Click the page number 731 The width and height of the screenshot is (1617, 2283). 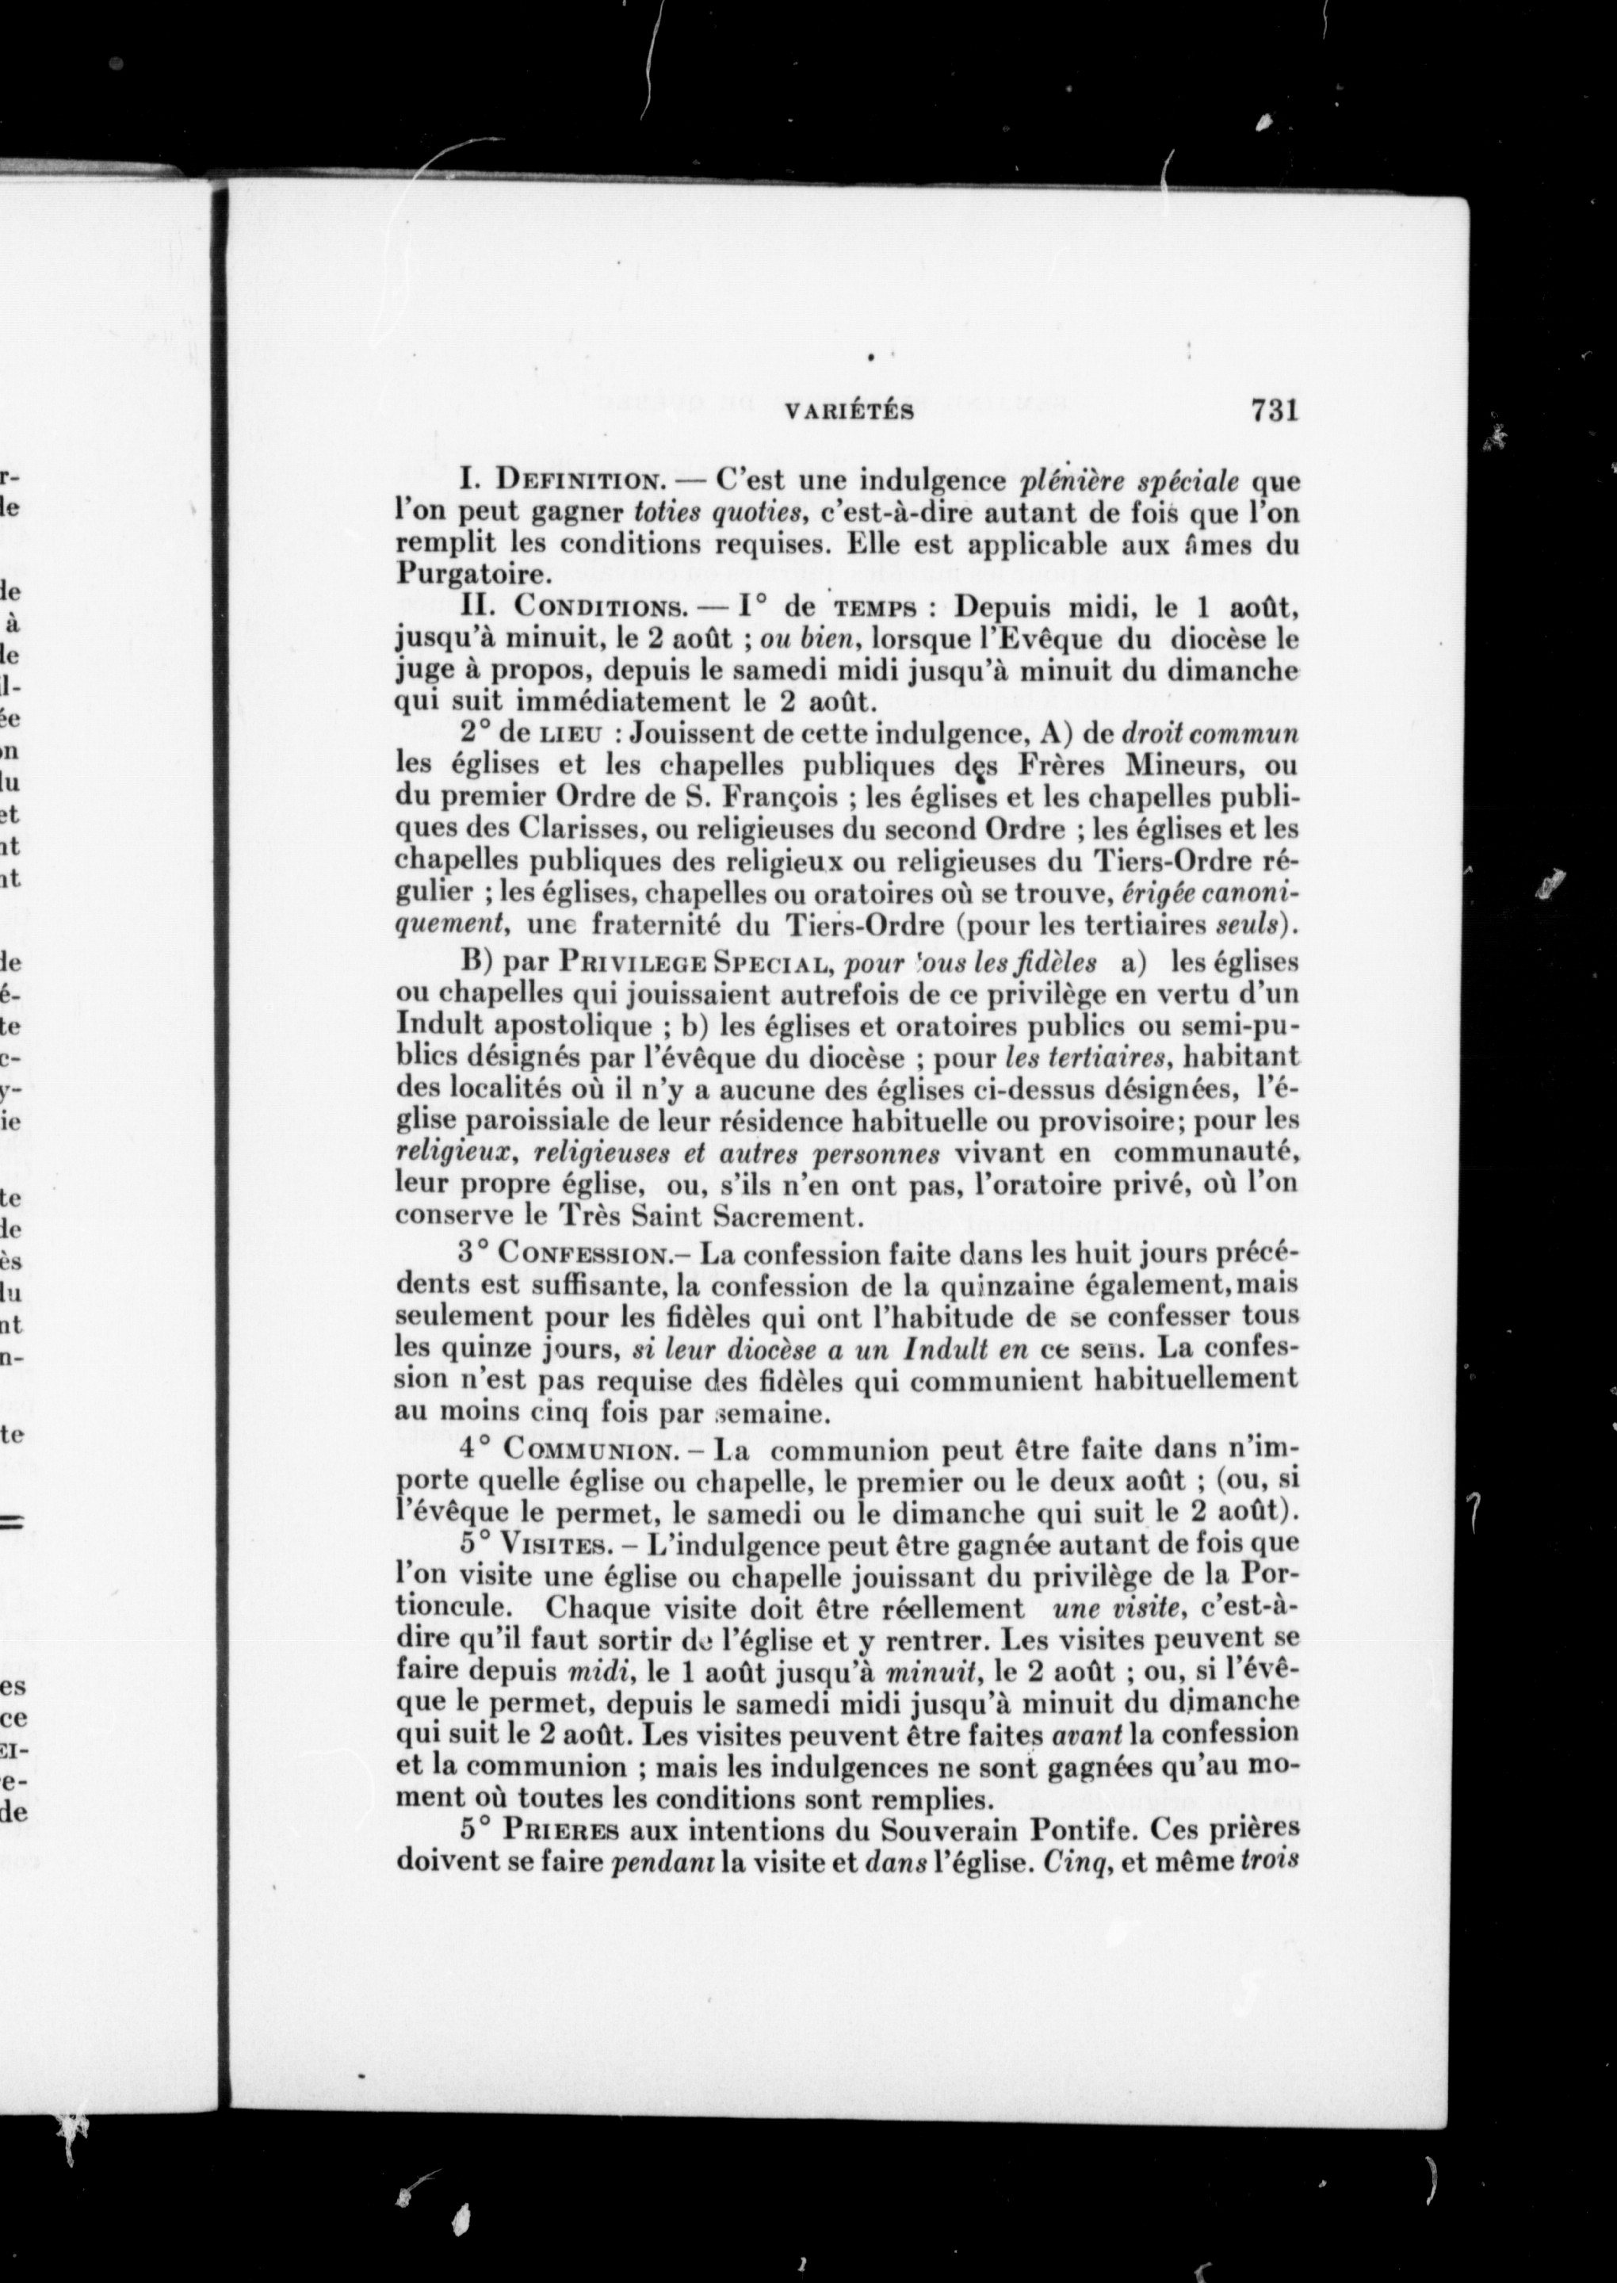click(x=1275, y=411)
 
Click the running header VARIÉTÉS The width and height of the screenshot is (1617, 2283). click(x=850, y=413)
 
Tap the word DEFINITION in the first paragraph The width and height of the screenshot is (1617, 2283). click(x=580, y=482)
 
